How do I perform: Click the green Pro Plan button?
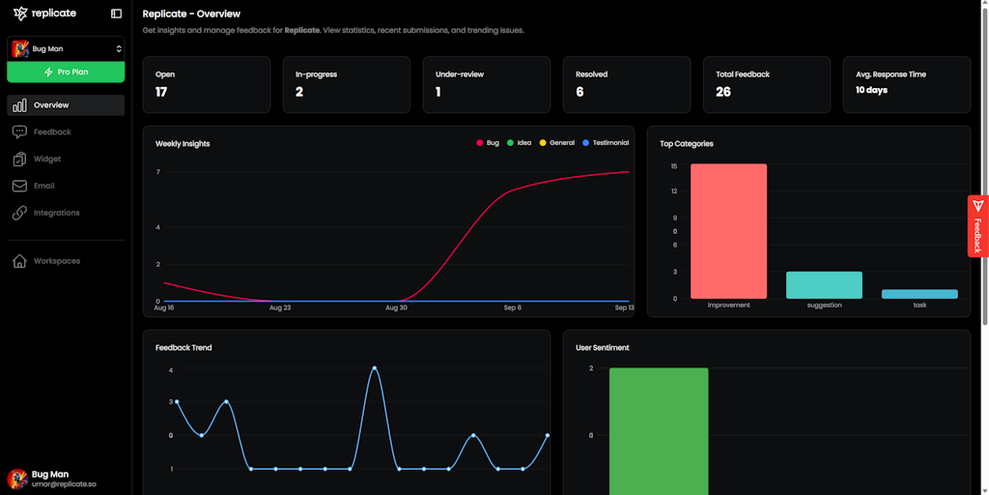(x=66, y=72)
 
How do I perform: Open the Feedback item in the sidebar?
(x=52, y=131)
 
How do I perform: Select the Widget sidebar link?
(x=47, y=159)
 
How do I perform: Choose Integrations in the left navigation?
(x=56, y=213)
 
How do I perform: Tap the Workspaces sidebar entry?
(x=56, y=261)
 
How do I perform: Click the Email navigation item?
(x=44, y=186)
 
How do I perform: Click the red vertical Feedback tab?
(x=977, y=226)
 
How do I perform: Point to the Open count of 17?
(x=161, y=92)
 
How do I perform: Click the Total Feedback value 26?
(x=723, y=92)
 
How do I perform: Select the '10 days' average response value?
(x=871, y=90)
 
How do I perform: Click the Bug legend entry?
(x=488, y=143)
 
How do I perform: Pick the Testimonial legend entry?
(x=606, y=143)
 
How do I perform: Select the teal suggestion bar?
(x=824, y=285)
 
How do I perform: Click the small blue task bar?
(x=919, y=294)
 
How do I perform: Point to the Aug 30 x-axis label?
(x=396, y=307)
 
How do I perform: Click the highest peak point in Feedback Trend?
(x=375, y=368)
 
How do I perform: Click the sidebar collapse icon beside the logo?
(x=117, y=14)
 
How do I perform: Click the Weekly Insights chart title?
(x=183, y=144)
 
